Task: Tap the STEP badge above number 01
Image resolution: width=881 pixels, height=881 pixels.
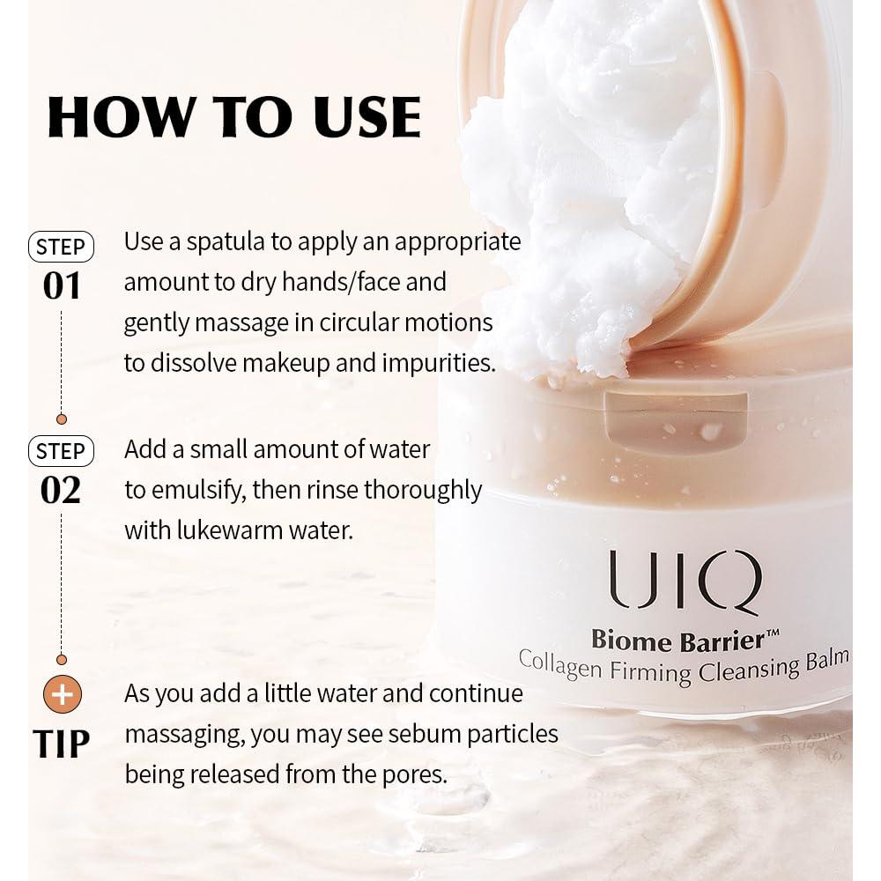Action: pyautogui.click(x=61, y=247)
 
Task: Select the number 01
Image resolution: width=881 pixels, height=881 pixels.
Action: pyautogui.click(x=61, y=286)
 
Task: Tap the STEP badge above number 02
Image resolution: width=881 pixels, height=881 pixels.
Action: pyautogui.click(x=61, y=451)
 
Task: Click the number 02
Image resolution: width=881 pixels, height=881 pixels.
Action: pyautogui.click(x=61, y=490)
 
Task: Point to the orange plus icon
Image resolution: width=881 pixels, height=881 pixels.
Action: pyautogui.click(x=62, y=694)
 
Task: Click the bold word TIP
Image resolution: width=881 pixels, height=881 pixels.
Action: pyautogui.click(x=62, y=744)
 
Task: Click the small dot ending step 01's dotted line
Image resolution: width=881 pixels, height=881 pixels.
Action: pyautogui.click(x=62, y=419)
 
